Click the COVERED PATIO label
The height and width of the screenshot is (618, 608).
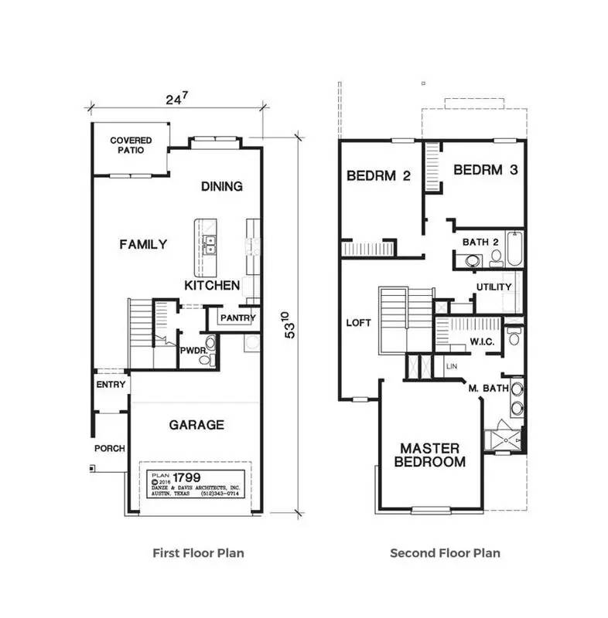[x=130, y=145]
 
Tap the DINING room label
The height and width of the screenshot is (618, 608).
[x=221, y=186]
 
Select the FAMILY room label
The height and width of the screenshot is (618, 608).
[x=143, y=244]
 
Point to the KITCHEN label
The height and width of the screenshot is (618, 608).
[x=211, y=285]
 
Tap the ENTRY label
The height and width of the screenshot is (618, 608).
[x=111, y=385]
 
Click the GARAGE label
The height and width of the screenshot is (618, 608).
[x=196, y=424]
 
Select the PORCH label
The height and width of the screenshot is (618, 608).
[x=109, y=448]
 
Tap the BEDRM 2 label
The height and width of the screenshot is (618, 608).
[x=378, y=175]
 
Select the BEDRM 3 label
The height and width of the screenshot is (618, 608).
[x=484, y=170]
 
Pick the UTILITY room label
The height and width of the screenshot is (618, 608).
[x=494, y=287]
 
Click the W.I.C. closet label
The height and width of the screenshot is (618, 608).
[x=482, y=341]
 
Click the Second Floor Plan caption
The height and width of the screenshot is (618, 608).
[x=445, y=552]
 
